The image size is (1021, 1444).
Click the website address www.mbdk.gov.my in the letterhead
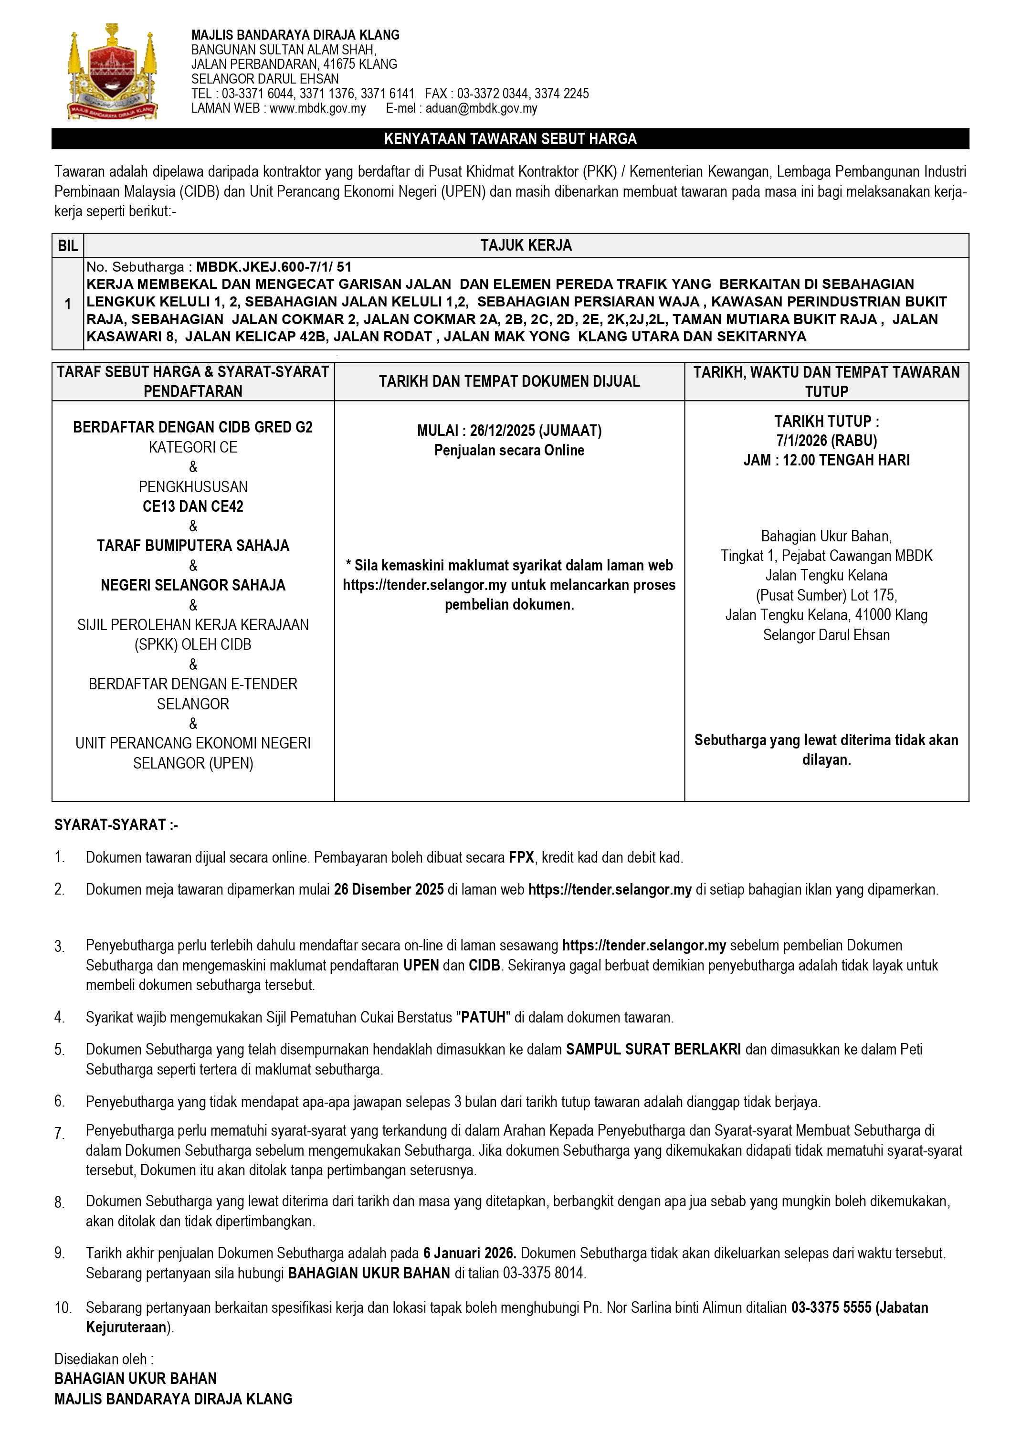coord(317,108)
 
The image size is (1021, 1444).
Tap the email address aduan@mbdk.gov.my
coord(481,108)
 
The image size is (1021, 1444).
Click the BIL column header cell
coord(67,246)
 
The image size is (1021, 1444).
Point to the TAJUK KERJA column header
coord(526,246)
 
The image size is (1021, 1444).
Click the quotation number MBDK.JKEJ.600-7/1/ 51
coord(274,267)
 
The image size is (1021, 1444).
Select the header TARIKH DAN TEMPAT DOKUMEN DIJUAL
coord(509,381)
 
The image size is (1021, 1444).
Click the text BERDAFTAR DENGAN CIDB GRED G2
coord(192,428)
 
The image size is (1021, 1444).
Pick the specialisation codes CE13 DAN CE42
coord(192,506)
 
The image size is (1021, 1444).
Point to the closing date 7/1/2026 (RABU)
coord(826,440)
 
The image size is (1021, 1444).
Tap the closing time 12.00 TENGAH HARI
coord(846,460)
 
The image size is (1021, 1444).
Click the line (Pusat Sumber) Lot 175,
coord(826,595)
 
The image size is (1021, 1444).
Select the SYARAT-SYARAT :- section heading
coord(116,824)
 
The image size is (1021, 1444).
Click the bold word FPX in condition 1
coord(521,857)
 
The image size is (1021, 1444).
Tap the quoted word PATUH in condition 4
coord(483,1017)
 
